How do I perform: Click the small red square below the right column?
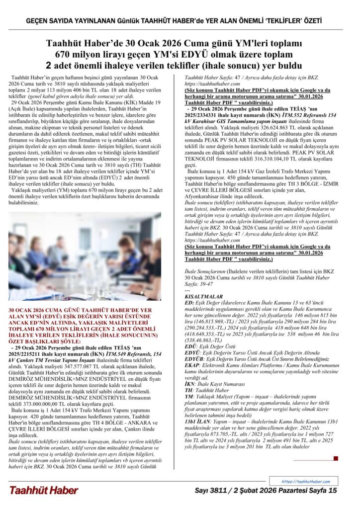coord(336,458)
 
